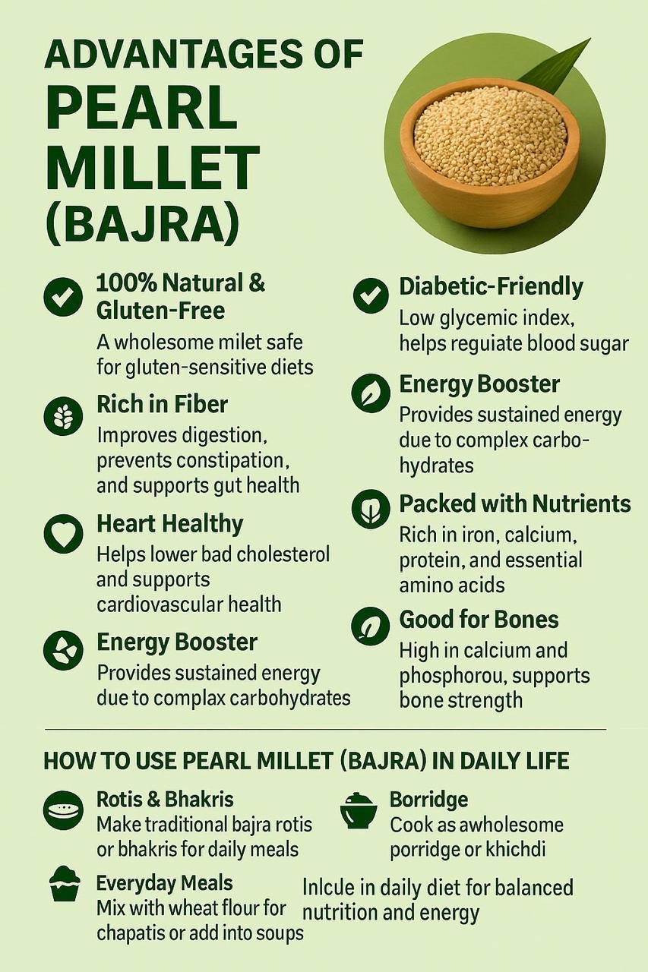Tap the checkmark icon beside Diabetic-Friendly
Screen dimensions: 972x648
(x=371, y=295)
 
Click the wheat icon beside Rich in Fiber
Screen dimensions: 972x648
(x=63, y=415)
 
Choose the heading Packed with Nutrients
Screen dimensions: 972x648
(x=515, y=503)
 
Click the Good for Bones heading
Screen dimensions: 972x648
(x=479, y=620)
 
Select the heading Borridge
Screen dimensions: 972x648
(x=428, y=800)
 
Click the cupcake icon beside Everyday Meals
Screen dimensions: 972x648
(x=65, y=885)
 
